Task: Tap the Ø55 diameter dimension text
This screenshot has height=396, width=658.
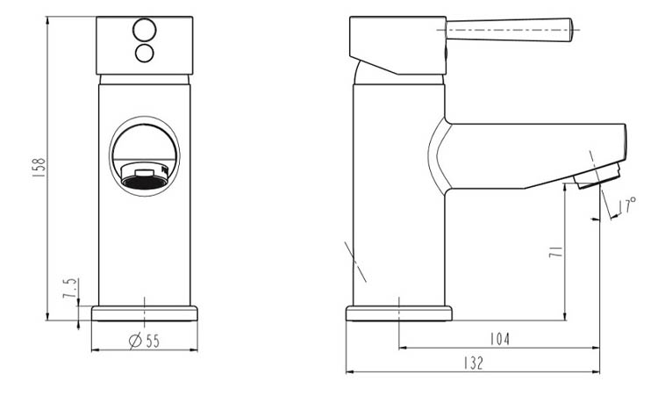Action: click(144, 342)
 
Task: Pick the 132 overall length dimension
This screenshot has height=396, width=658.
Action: click(472, 363)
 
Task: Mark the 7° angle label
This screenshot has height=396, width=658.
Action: click(630, 207)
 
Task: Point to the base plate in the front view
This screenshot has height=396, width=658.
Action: click(145, 313)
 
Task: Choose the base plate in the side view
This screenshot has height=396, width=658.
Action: click(400, 313)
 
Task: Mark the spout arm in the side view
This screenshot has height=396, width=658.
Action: click(526, 149)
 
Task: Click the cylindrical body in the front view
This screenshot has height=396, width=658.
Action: click(144, 246)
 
